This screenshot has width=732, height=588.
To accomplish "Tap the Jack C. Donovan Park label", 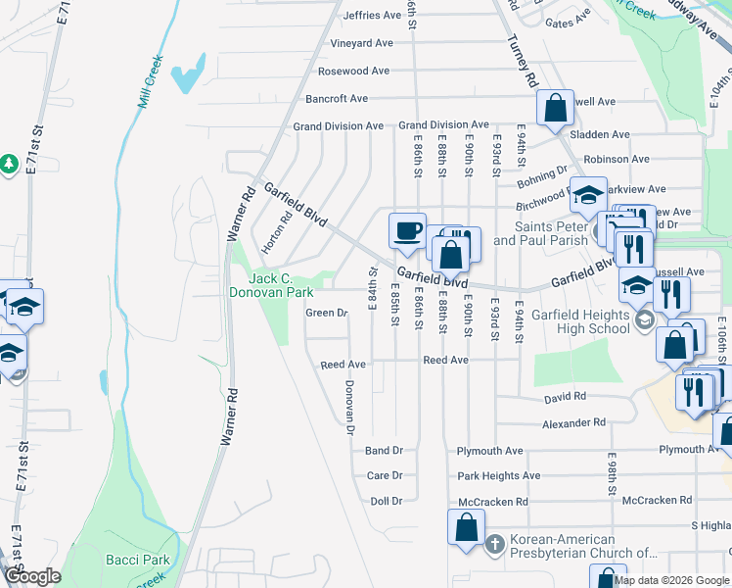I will (270, 284).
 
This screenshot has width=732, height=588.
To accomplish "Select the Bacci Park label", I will (137, 561).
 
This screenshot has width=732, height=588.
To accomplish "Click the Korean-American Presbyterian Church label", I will (562, 546).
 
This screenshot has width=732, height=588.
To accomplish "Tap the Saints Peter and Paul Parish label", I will (541, 233).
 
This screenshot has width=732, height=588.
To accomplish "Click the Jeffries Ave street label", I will (372, 16).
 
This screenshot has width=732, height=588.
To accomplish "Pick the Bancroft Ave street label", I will (337, 99).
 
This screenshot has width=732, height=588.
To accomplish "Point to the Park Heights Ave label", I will (498, 476).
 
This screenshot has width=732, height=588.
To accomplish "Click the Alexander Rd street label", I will (573, 423).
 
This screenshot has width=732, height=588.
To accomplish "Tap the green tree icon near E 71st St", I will (9, 163).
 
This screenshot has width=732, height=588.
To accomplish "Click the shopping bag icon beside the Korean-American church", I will (467, 527).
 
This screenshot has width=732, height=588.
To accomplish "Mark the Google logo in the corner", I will (32, 576).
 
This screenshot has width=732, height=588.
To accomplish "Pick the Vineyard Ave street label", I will (361, 43).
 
